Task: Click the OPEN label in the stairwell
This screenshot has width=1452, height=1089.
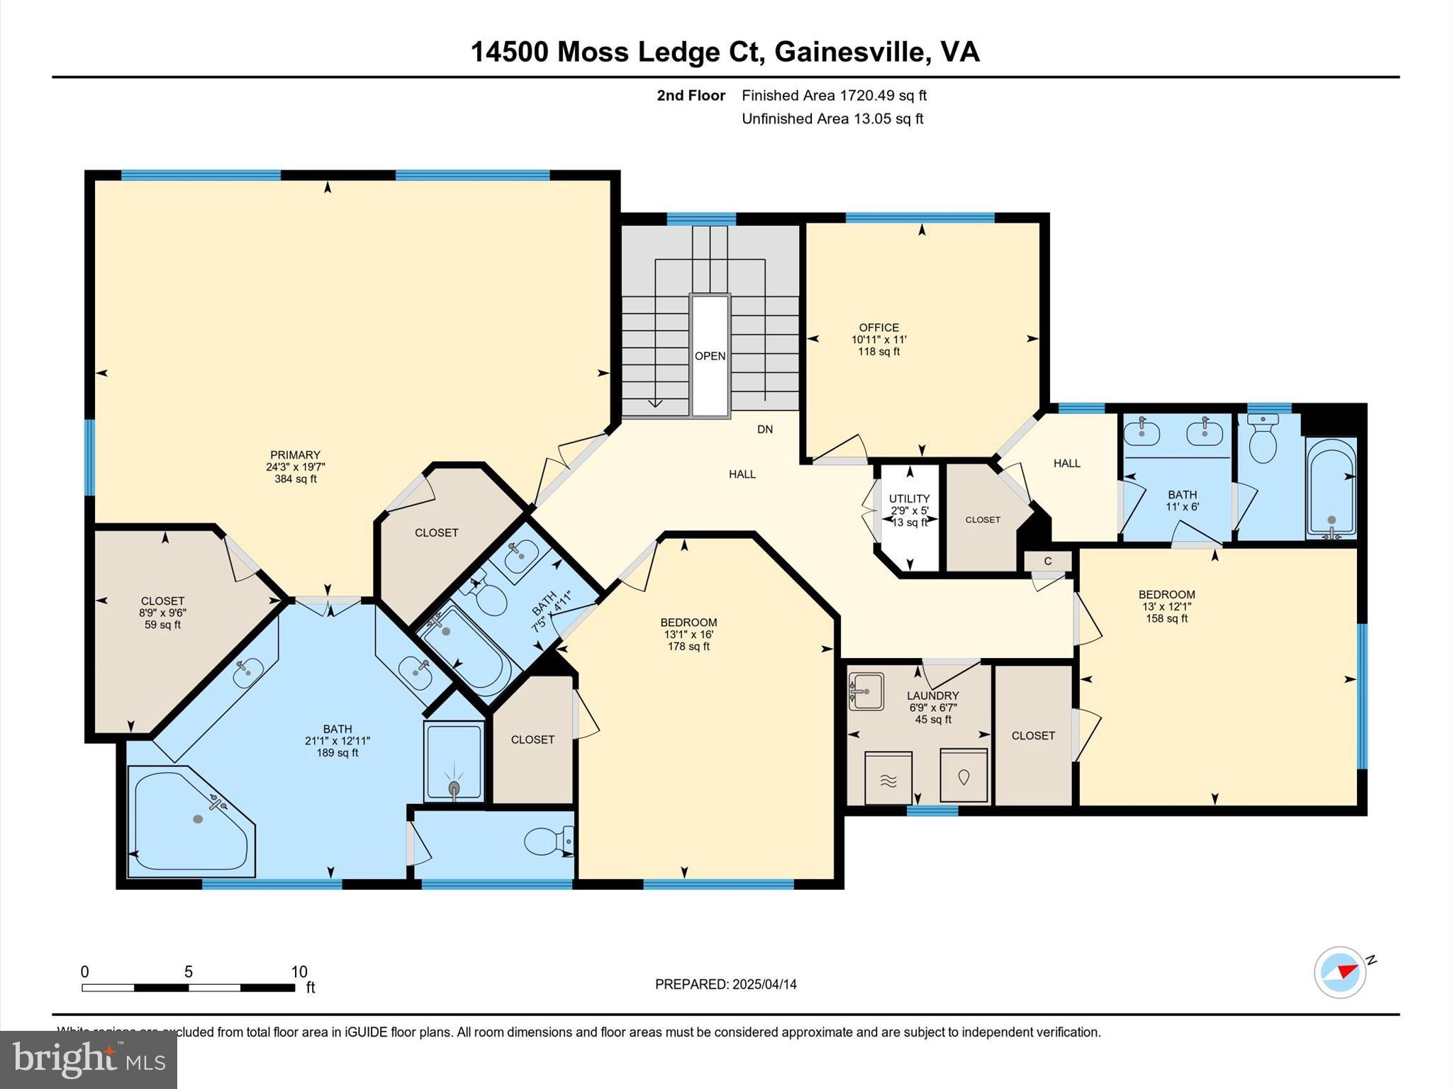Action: (710, 356)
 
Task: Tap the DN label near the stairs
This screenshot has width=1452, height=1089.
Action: (765, 429)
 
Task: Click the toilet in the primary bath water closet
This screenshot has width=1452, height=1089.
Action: (546, 842)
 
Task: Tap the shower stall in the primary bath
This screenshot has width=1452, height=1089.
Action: (454, 761)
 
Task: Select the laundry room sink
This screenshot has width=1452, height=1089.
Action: (866, 691)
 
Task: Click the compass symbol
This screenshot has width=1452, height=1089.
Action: (1340, 972)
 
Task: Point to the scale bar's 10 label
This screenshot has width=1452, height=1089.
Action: (299, 972)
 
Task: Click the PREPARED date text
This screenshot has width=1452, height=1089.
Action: (725, 984)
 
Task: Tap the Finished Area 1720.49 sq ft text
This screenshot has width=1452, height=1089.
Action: (834, 96)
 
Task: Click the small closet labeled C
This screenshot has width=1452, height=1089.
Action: (1047, 562)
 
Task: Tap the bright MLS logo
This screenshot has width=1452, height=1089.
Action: (89, 1060)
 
